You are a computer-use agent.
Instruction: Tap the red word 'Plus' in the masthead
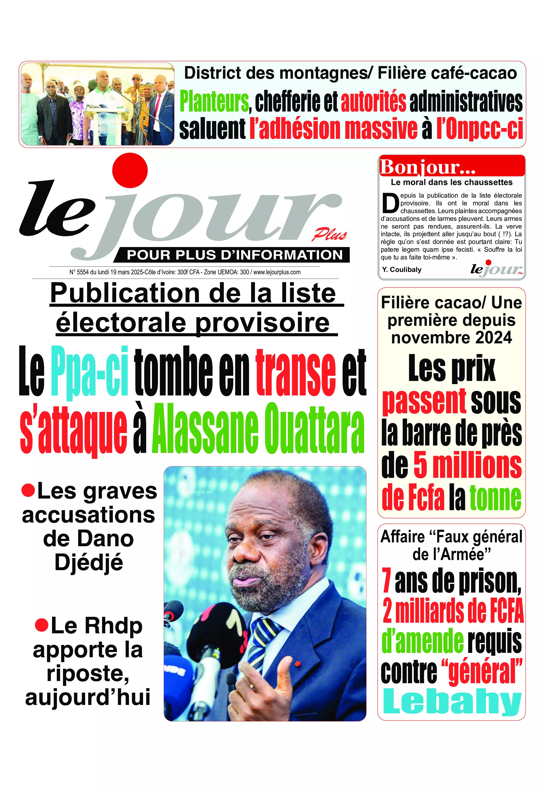pos(329,235)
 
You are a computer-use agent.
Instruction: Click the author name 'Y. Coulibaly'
pos(402,270)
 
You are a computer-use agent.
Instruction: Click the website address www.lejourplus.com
pos(277,272)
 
